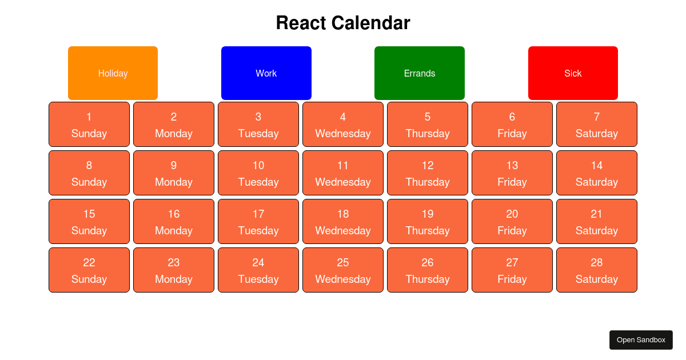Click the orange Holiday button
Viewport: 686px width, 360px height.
[x=113, y=73]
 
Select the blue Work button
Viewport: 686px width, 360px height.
[x=266, y=73]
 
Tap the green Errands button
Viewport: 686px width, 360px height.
[x=420, y=73]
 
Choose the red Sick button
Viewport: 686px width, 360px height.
[x=573, y=73]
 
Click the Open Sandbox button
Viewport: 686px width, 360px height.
[x=641, y=340]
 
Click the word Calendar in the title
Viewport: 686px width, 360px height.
[x=370, y=23]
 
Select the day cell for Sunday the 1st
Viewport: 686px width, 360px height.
[x=89, y=125]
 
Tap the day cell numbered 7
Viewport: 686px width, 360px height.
[x=597, y=125]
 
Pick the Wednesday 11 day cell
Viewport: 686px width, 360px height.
[x=343, y=173]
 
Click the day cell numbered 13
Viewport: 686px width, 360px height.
[x=512, y=173]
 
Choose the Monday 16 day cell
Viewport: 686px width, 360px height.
[x=174, y=221]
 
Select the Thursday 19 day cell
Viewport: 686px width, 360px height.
[x=428, y=221]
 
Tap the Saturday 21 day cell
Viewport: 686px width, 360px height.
[x=597, y=221]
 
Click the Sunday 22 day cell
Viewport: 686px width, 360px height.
[x=89, y=270]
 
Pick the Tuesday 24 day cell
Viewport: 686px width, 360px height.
[x=258, y=270]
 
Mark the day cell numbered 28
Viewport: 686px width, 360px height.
[x=597, y=270]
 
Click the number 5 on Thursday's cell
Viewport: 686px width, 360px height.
[x=428, y=117]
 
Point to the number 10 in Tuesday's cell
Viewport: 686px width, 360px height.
[x=258, y=165]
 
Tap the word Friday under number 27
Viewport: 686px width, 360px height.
[x=512, y=279]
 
